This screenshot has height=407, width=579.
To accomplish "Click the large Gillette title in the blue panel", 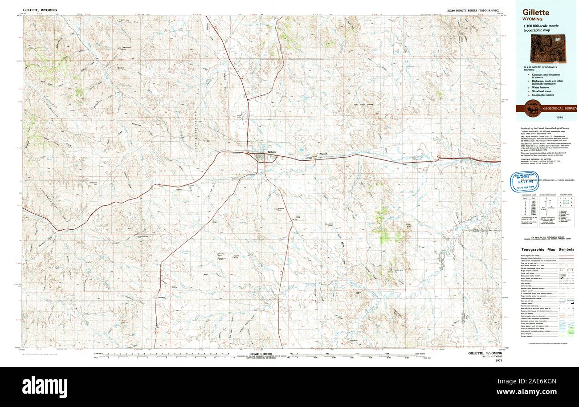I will (536, 12).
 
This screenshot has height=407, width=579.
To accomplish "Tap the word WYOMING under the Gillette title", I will (533, 20).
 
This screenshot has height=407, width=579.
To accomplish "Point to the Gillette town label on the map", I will (272, 152).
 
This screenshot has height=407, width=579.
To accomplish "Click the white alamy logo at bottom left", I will (45, 387).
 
